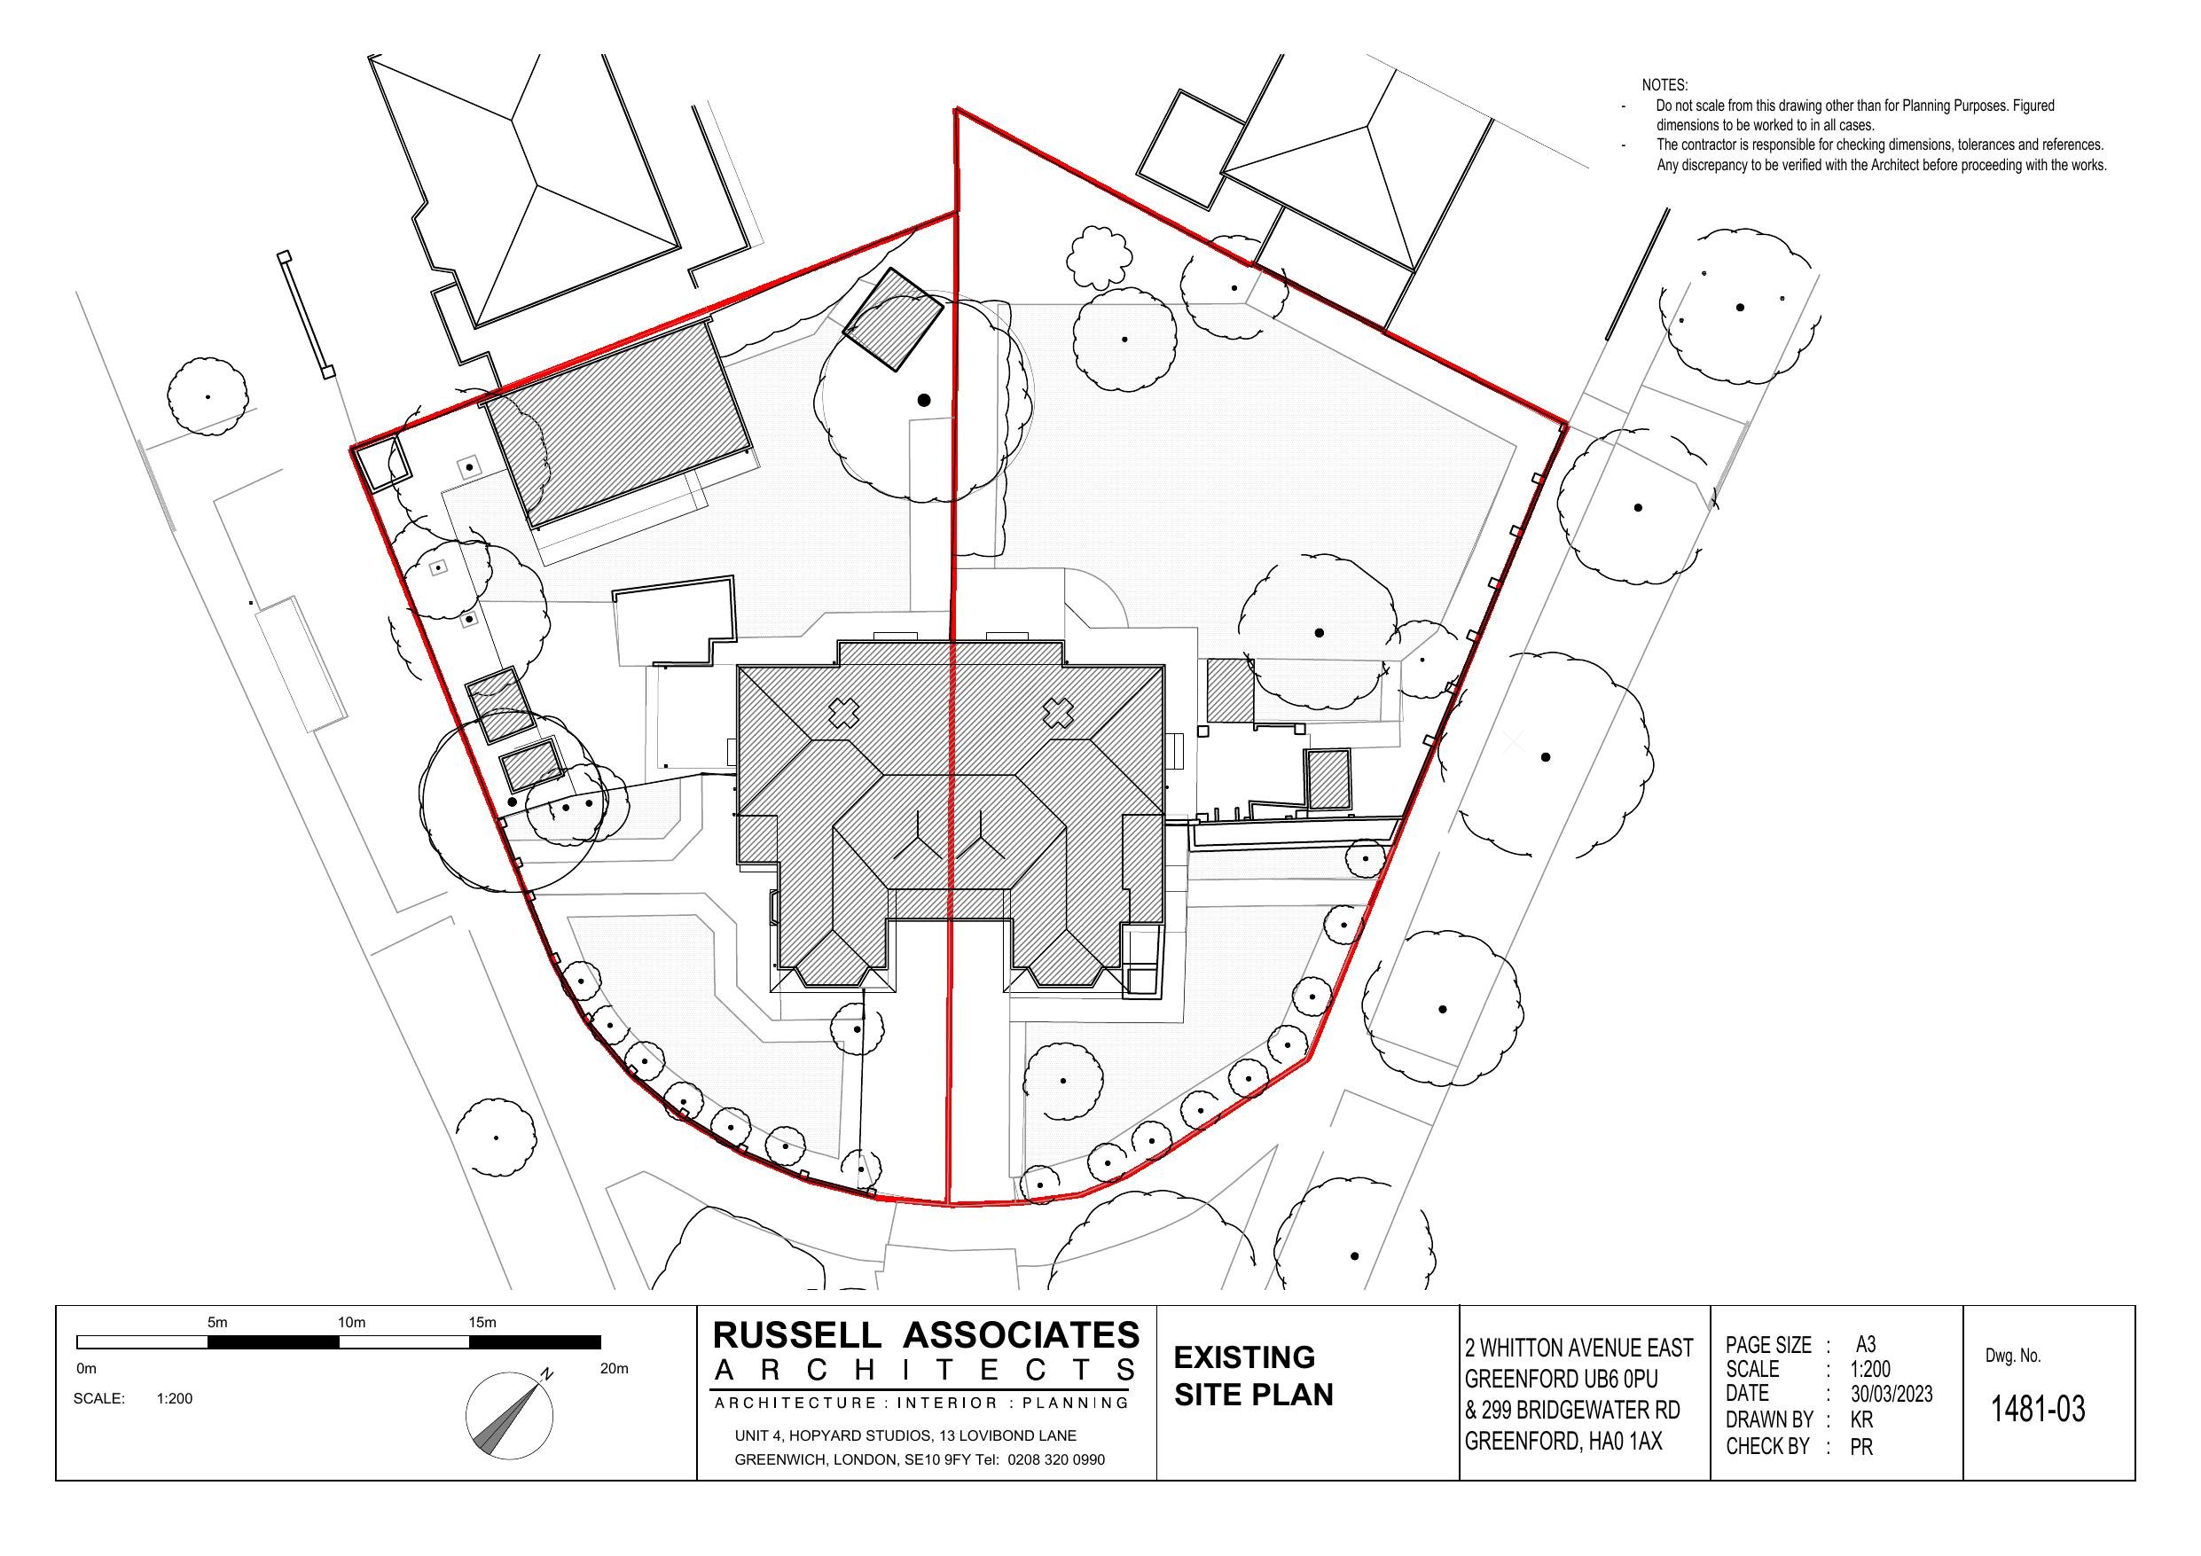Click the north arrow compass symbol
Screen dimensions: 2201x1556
tap(509, 1415)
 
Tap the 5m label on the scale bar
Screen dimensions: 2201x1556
tap(217, 1322)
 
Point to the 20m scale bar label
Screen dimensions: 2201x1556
tap(614, 1368)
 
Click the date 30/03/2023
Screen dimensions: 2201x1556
tap(1892, 1394)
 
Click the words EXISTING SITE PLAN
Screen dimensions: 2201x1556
tap(1253, 1376)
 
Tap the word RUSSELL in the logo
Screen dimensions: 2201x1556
tap(795, 1334)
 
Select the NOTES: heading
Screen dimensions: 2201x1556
tap(1665, 86)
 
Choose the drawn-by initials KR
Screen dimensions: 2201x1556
tap(1861, 1419)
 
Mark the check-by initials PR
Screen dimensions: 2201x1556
tap(1861, 1447)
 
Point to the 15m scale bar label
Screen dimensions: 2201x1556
tap(482, 1322)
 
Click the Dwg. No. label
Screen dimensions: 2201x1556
tap(2013, 1356)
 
